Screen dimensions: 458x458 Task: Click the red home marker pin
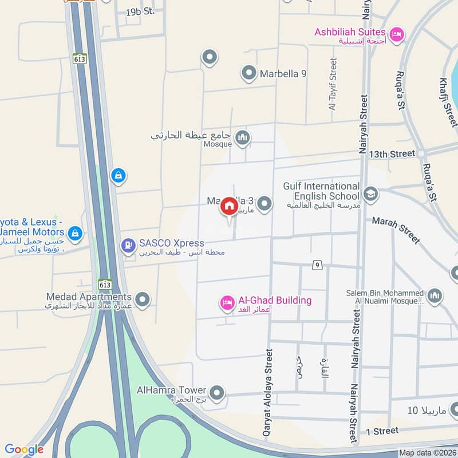(x=229, y=206)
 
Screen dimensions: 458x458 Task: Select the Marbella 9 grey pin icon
(x=248, y=73)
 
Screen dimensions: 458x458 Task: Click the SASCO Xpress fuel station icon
(x=128, y=246)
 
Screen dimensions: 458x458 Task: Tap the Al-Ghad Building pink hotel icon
(x=227, y=303)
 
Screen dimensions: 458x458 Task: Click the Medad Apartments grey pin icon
(x=143, y=299)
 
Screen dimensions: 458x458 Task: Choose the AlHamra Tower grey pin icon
(x=216, y=393)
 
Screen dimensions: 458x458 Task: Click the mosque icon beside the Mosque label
(x=243, y=137)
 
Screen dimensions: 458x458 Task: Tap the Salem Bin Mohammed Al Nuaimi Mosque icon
(x=435, y=295)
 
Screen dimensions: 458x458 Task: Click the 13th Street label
(x=392, y=154)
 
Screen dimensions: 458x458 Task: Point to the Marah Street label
(x=396, y=229)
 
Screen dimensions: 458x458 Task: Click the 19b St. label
(x=140, y=11)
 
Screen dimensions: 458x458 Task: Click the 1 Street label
(x=382, y=431)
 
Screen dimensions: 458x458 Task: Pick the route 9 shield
(x=316, y=264)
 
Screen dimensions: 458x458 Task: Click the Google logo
(x=24, y=449)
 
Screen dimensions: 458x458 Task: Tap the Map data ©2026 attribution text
(x=427, y=453)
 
